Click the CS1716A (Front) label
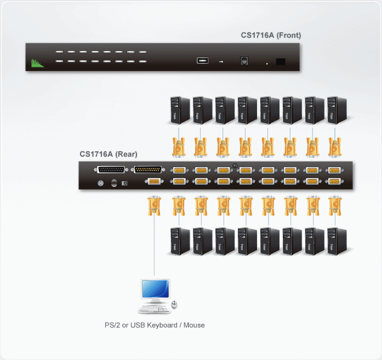point(271,35)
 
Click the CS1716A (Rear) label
point(109,154)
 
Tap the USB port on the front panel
point(203,60)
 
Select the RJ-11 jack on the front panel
point(244,61)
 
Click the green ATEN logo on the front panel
point(37,63)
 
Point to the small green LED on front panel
point(267,64)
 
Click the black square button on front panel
point(281,62)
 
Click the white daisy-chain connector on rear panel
point(111,169)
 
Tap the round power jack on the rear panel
point(100,183)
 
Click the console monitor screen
point(156,289)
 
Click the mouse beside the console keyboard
point(174,304)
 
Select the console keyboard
point(154,309)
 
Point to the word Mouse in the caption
point(194,325)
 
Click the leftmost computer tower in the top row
point(180,110)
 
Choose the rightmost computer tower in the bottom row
point(337,241)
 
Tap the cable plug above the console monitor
point(154,206)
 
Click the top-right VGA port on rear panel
point(334,170)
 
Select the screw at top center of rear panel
point(235,166)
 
